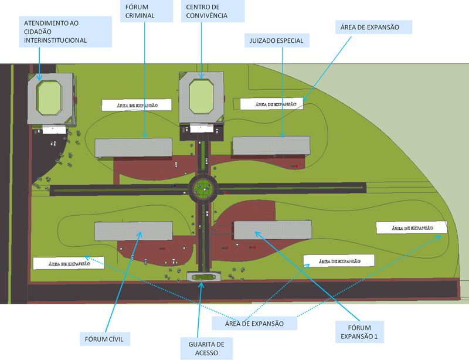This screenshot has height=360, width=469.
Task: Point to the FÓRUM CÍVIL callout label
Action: pos(104,339)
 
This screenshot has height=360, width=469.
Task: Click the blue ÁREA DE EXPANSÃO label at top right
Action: pos(373,27)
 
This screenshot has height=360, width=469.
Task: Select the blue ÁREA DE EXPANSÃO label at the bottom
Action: pos(254,324)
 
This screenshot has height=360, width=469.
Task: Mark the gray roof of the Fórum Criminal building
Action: pos(133,147)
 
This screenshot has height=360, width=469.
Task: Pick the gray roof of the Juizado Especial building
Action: pos(271,145)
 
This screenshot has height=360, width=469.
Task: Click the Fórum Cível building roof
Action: pos(134,231)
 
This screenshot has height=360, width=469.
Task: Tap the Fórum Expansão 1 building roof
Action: pos(273,229)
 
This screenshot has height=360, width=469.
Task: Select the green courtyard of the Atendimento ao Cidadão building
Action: pos(49,97)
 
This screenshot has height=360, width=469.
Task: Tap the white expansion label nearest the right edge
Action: pos(412,227)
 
